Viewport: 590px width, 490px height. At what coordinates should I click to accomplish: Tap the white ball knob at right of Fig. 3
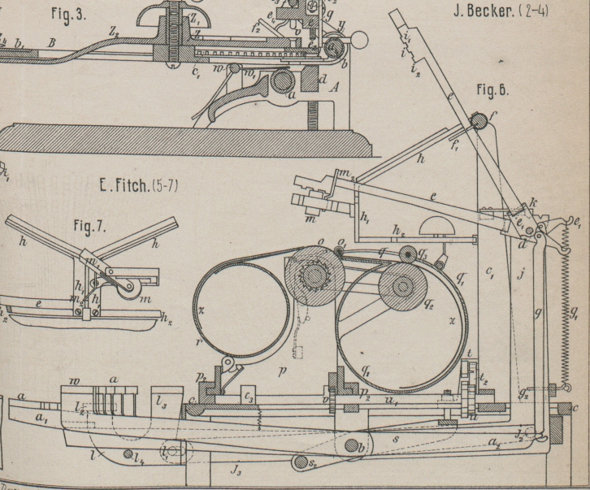[x=359, y=37]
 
